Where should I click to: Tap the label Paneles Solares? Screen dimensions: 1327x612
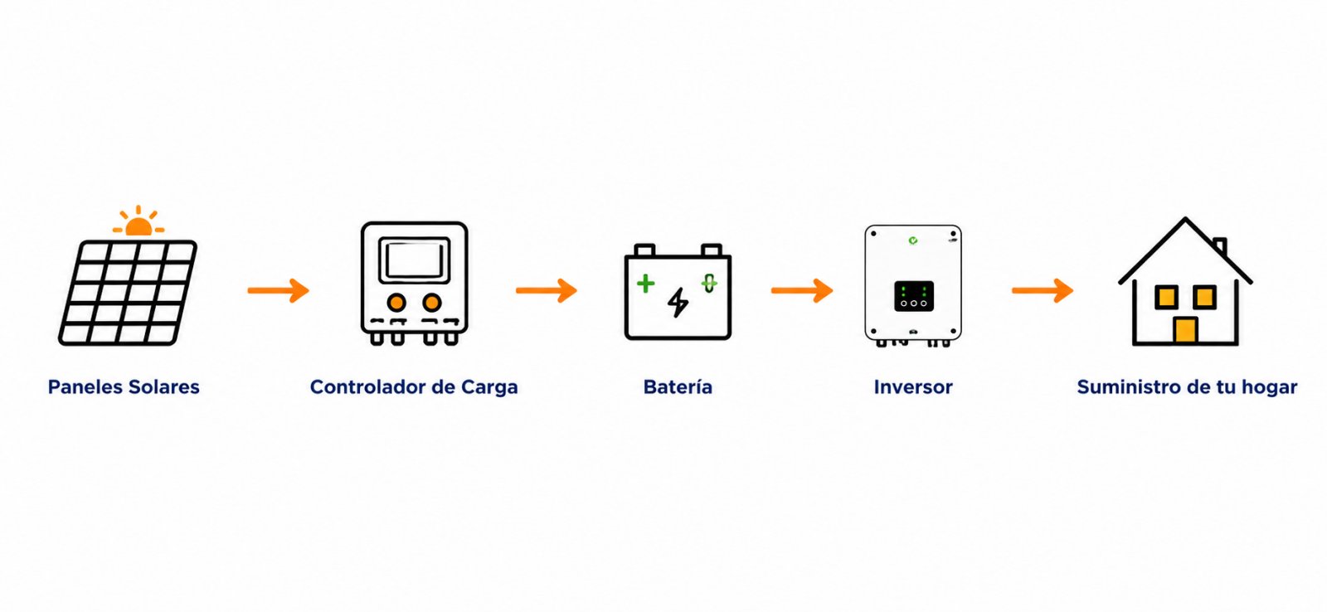pyautogui.click(x=124, y=387)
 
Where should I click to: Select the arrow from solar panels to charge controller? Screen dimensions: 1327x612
pyautogui.click(x=279, y=290)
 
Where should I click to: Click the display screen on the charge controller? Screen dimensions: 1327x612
pyautogui.click(x=414, y=260)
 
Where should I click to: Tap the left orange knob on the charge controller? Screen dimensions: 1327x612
pyautogui.click(x=396, y=303)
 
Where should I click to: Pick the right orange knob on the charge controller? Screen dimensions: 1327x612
pyautogui.click(x=432, y=303)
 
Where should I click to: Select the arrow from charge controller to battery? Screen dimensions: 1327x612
pyautogui.click(x=547, y=290)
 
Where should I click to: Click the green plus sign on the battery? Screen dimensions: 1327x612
pyautogui.click(x=646, y=284)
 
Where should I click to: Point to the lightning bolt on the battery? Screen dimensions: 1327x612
pyautogui.click(x=678, y=303)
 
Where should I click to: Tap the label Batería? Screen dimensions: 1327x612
pyautogui.click(x=678, y=387)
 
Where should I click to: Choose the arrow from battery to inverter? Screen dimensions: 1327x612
pyautogui.click(x=802, y=290)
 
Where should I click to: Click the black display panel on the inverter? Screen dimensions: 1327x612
pyautogui.click(x=913, y=295)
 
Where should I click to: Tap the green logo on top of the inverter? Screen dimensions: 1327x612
pyautogui.click(x=913, y=240)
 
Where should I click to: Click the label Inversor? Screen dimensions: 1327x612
pyautogui.click(x=913, y=387)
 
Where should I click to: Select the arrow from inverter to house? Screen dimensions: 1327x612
pyautogui.click(x=1043, y=290)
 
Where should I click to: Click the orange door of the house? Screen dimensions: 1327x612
pyautogui.click(x=1185, y=329)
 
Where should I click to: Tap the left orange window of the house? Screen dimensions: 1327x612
pyautogui.click(x=1166, y=297)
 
